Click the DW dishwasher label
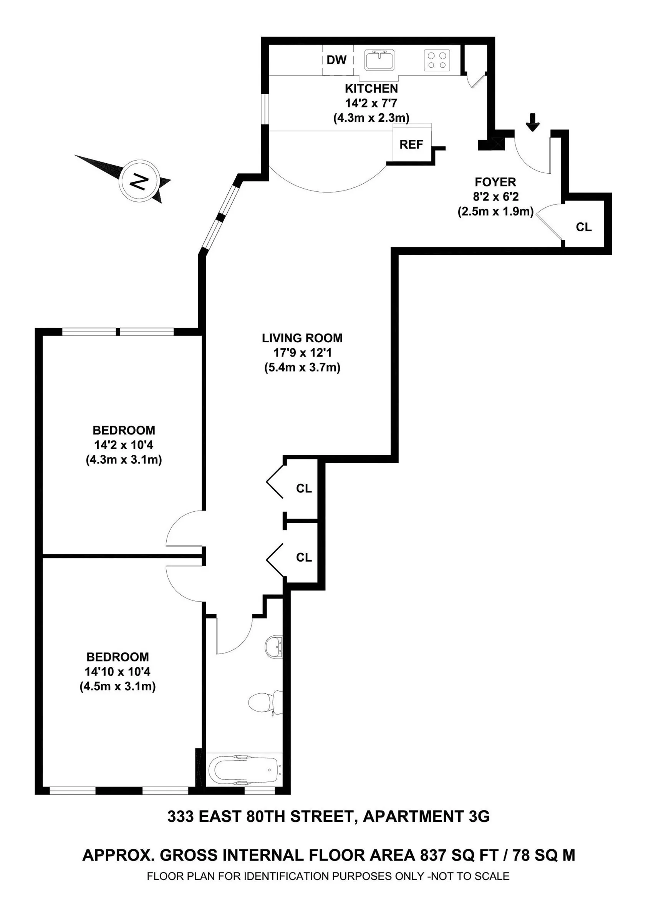(x=336, y=60)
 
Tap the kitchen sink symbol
(x=379, y=60)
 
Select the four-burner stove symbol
(x=437, y=60)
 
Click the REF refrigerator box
(x=411, y=144)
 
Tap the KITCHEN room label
(x=371, y=88)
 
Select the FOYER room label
(x=495, y=182)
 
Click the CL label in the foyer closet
(x=583, y=227)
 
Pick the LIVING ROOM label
(x=302, y=338)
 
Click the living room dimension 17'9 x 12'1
(x=302, y=353)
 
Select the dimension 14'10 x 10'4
(x=118, y=672)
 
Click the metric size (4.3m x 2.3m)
(x=371, y=118)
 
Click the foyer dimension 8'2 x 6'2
(x=495, y=197)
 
